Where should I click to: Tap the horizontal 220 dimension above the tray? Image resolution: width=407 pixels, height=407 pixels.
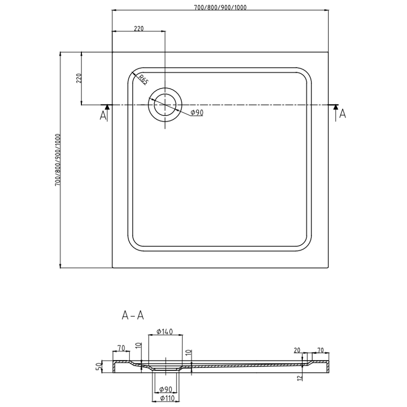[x=138, y=28]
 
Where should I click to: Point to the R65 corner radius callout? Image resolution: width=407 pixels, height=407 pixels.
[x=143, y=80]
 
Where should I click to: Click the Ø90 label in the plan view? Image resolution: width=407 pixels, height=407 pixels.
[x=197, y=113]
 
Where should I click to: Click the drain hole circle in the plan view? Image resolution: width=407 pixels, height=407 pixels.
[x=164, y=105]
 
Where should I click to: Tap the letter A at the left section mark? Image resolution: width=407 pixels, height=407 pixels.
[x=103, y=116]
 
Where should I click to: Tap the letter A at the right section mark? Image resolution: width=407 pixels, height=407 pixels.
[x=342, y=114]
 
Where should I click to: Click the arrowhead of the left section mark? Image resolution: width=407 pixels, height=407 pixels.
[x=107, y=106]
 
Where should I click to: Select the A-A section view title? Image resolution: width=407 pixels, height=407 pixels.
[x=133, y=316]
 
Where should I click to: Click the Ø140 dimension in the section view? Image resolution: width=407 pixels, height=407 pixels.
[x=165, y=332]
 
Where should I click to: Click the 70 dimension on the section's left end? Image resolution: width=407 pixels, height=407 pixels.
[x=121, y=348]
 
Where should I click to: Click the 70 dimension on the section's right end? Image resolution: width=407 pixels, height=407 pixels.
[x=321, y=350]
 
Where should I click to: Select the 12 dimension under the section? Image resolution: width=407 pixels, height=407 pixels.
[x=301, y=377]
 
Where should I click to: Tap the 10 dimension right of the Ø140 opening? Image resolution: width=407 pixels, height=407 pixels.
[x=188, y=352]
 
